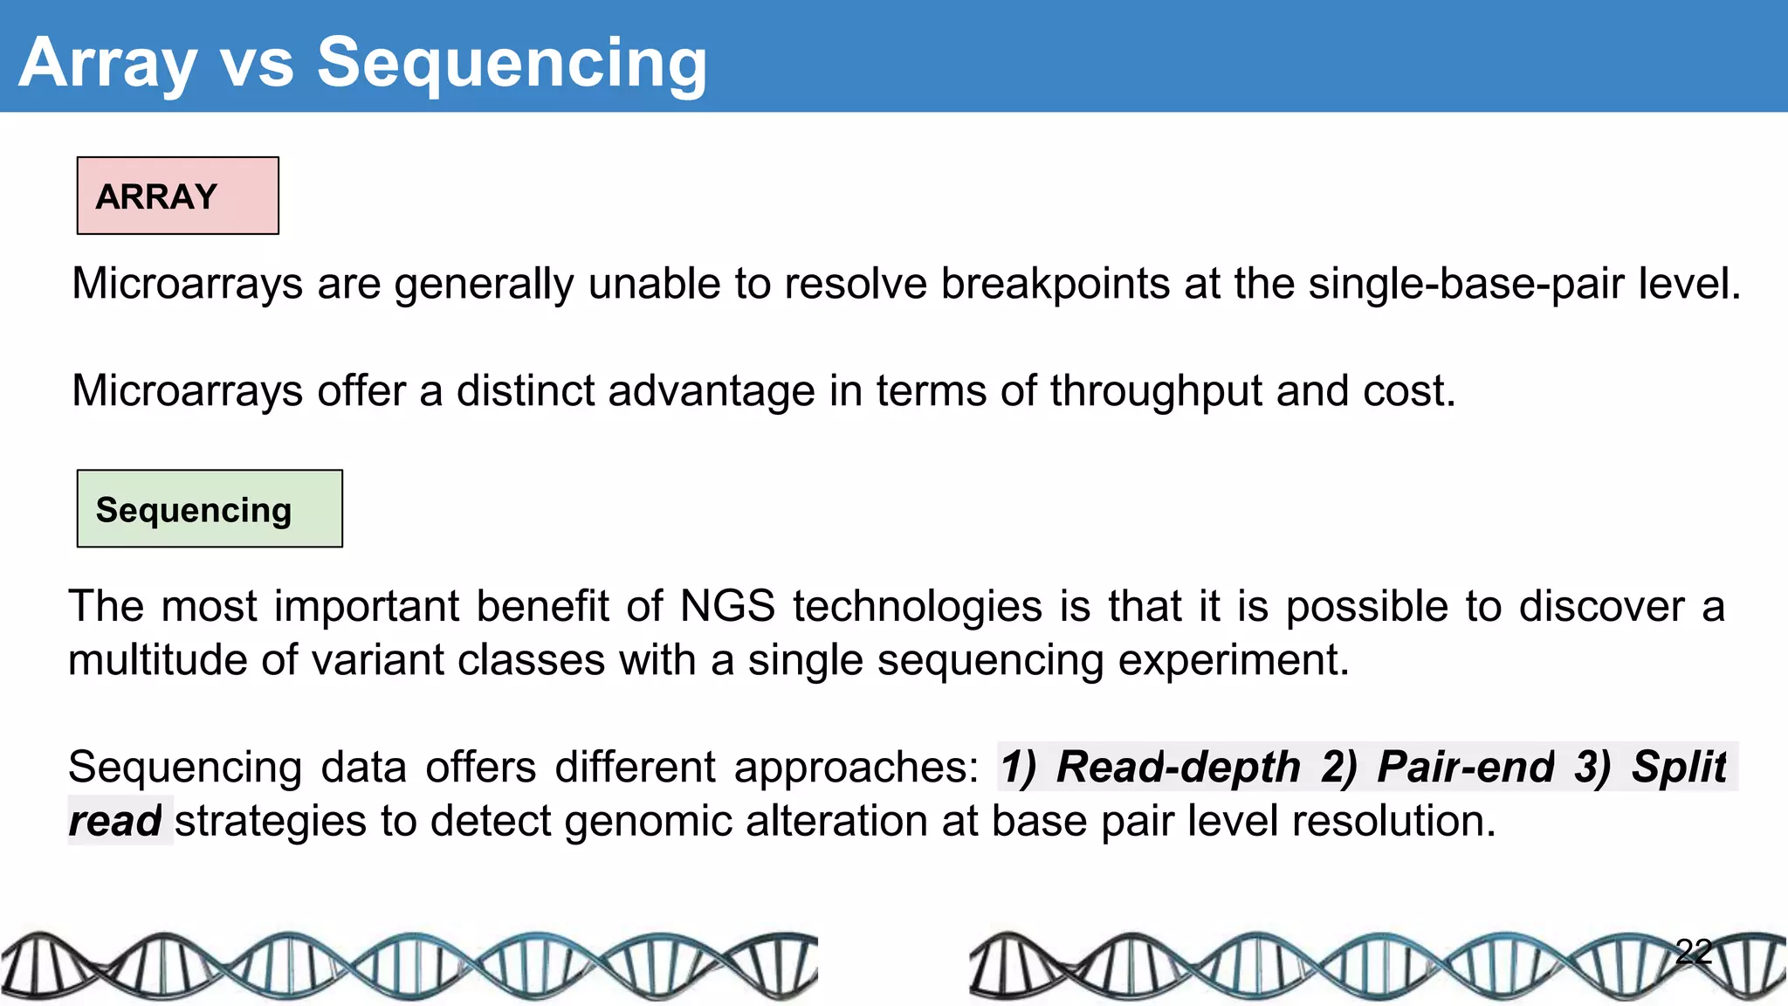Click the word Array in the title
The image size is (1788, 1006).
coord(107,63)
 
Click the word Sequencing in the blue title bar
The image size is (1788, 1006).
coord(512,63)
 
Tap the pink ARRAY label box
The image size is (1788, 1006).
coord(178,196)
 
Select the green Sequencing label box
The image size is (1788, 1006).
coord(210,509)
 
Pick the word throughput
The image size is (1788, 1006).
coord(1156,391)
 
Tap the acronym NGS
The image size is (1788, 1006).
coord(727,606)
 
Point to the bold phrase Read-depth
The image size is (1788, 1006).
coord(1178,767)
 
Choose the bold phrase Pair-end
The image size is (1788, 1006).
coord(1466,767)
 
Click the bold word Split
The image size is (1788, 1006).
coord(1678,767)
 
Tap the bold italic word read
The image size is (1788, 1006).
coord(114,821)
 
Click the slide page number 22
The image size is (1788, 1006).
coord(1694,951)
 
